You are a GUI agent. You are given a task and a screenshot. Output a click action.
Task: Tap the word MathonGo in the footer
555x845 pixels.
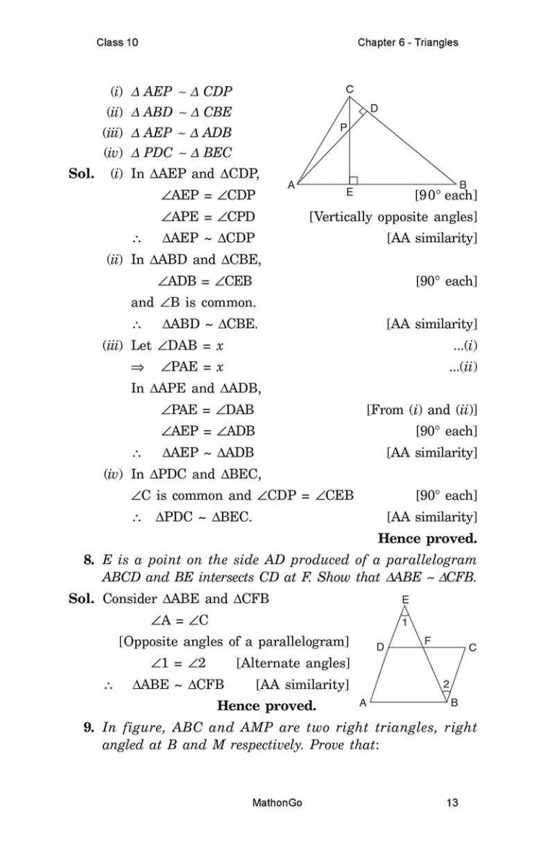(277, 802)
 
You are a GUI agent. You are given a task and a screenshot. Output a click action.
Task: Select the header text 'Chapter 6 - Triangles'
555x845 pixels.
(408, 43)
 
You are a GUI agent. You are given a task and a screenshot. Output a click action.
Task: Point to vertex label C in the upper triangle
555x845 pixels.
(349, 90)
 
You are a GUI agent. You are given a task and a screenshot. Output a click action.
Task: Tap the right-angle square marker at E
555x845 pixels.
(353, 179)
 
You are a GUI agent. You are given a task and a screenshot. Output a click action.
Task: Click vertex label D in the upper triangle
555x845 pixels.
(374, 108)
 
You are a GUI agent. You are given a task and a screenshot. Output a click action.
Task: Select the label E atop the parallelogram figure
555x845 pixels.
(405, 600)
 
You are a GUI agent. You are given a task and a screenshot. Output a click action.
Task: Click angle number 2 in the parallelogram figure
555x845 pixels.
(446, 684)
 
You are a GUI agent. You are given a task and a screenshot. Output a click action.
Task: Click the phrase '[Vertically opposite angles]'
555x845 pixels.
(392, 216)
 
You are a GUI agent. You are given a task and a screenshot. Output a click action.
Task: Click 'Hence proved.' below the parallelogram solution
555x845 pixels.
(267, 705)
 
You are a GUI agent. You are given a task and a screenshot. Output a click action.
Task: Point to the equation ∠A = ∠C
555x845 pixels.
(181, 620)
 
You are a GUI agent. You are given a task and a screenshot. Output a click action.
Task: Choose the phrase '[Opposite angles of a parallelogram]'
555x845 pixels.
(234, 641)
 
